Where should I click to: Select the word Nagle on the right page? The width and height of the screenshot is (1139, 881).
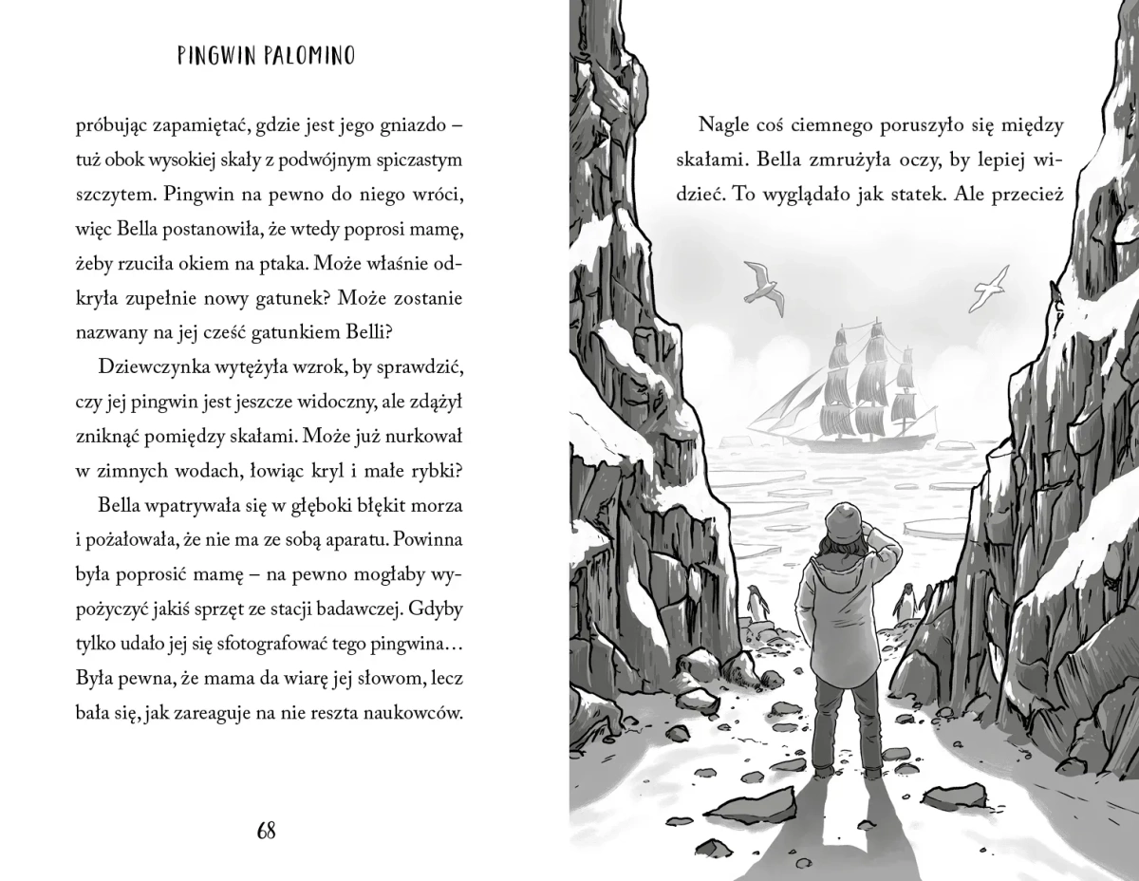click(724, 125)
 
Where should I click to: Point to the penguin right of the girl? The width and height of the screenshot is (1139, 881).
click(906, 600)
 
